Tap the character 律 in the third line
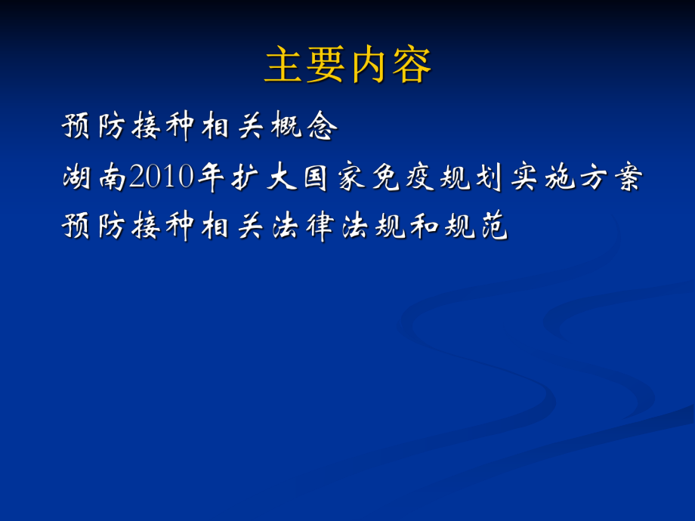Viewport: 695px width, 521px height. (x=322, y=227)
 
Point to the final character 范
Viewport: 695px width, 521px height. (x=494, y=227)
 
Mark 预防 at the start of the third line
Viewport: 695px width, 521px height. (x=95, y=227)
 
